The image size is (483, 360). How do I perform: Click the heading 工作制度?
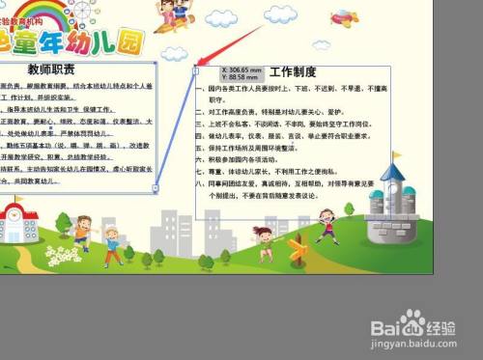pyautogui.click(x=294, y=71)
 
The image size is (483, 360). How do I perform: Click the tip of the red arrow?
pyautogui.click(x=200, y=66)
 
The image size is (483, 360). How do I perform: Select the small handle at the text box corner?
pyautogui.click(x=196, y=69)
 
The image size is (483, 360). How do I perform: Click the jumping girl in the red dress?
pyautogui.click(x=327, y=225)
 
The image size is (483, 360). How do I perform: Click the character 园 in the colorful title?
pyautogui.click(x=153, y=42)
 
